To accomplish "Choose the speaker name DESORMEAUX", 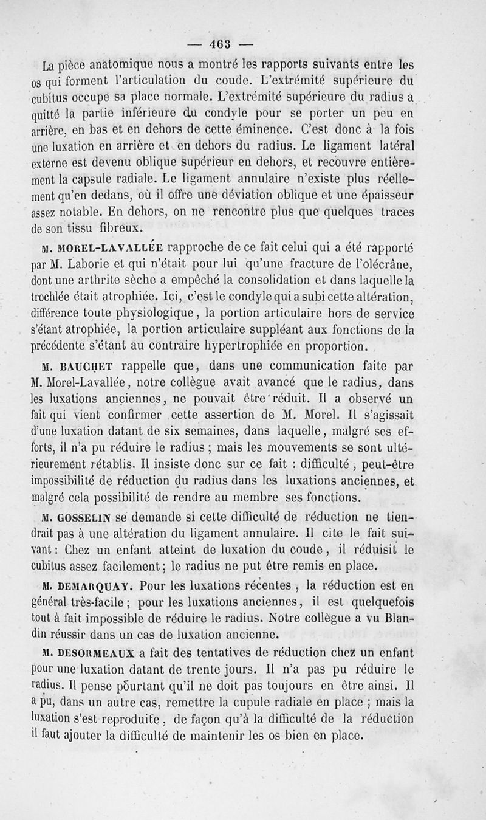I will click(97, 653).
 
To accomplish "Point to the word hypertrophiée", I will click(236, 347).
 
